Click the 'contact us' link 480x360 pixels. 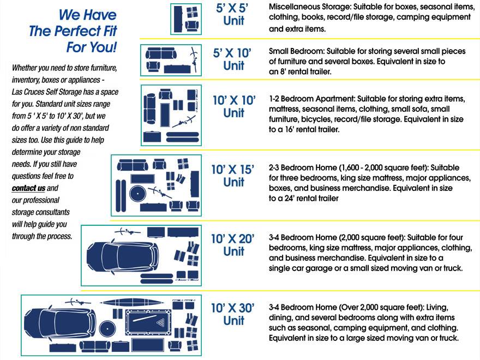28,189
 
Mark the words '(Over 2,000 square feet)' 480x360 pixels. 376,307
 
